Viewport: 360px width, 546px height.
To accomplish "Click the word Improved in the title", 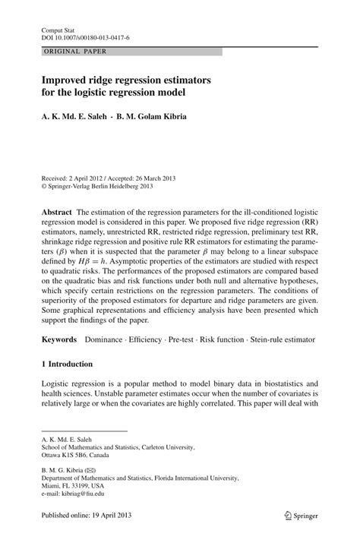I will point(69,79).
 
